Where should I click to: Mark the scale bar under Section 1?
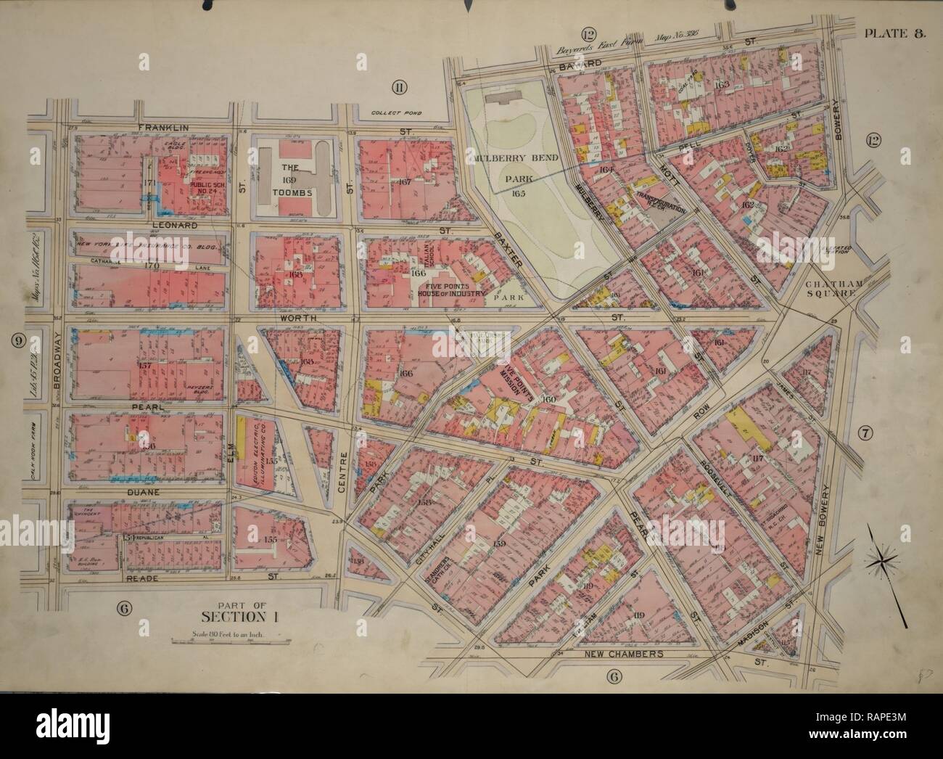point(229,641)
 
